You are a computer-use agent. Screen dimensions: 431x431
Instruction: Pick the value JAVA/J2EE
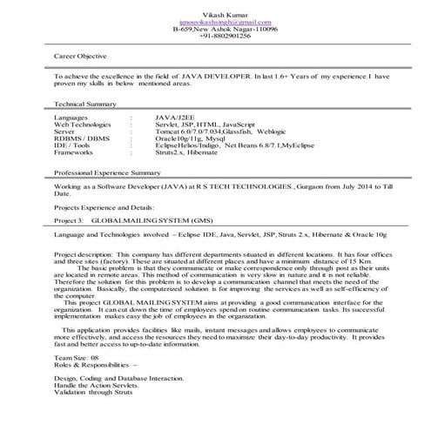coord(176,115)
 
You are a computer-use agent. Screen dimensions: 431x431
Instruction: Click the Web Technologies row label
coord(83,122)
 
